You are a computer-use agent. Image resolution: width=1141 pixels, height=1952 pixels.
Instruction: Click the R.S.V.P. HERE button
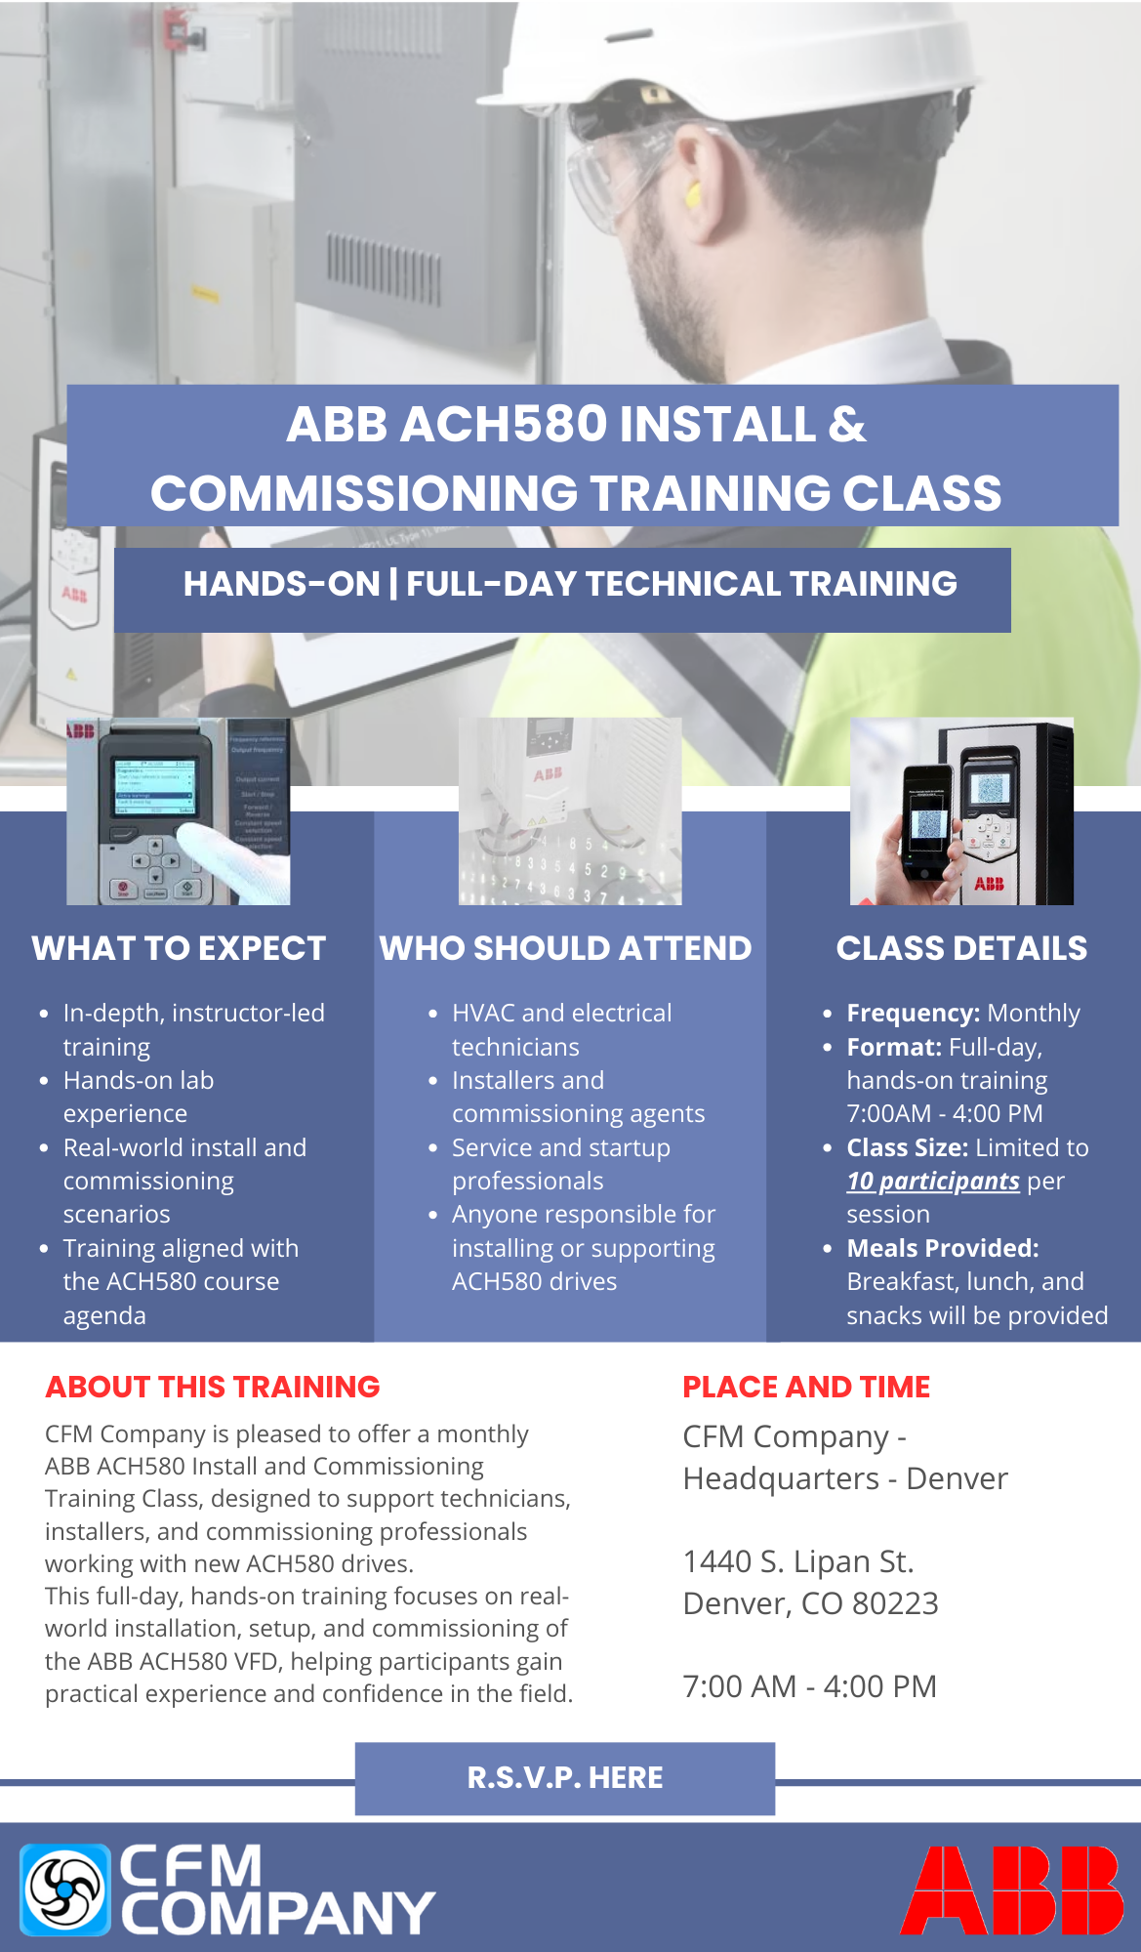[x=565, y=1778]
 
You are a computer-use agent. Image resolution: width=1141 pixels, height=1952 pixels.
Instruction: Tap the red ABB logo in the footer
[x=1011, y=1890]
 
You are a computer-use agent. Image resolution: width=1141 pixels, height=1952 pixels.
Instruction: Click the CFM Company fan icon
[x=65, y=1890]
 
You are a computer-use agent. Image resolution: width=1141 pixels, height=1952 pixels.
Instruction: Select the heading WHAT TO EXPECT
[x=179, y=948]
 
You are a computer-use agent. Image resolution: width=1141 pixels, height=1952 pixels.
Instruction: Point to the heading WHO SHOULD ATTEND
[x=566, y=948]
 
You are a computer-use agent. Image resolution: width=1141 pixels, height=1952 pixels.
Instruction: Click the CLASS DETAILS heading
[x=961, y=948]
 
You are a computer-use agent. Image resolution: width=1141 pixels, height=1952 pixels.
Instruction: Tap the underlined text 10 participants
[x=933, y=1182]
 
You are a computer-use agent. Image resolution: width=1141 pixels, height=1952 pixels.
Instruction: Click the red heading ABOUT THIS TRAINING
[x=213, y=1387]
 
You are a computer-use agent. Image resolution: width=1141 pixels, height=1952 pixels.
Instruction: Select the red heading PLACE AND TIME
[x=806, y=1387]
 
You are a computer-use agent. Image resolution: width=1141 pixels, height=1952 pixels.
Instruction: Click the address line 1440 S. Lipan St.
[x=798, y=1561]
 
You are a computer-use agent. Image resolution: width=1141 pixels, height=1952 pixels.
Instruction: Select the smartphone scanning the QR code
[x=927, y=820]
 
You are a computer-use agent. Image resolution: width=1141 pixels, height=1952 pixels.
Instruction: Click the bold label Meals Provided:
[x=943, y=1248]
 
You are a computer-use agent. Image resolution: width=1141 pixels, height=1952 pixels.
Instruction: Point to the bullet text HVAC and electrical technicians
[x=562, y=1030]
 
